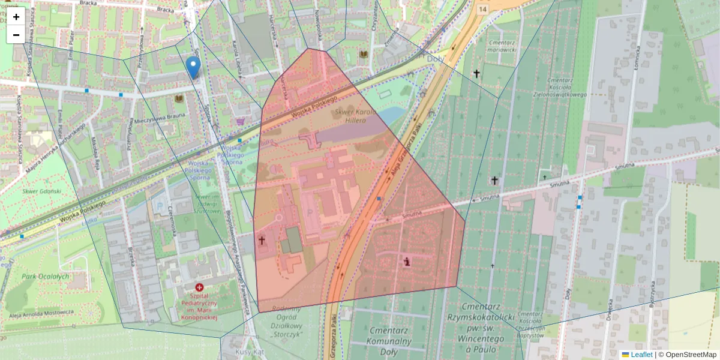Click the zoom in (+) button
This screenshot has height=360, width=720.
(x=16, y=17)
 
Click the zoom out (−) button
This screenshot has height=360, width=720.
(x=16, y=35)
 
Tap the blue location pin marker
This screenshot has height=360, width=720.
(x=193, y=67)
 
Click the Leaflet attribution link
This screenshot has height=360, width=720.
(x=641, y=355)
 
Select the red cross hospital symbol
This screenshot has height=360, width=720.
(x=199, y=288)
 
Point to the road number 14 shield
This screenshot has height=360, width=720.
(x=482, y=9)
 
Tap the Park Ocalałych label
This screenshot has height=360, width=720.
(x=46, y=277)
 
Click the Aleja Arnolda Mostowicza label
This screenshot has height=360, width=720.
(x=41, y=313)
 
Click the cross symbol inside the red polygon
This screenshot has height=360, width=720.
(x=262, y=241)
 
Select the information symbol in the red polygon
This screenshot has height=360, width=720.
(x=408, y=260)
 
